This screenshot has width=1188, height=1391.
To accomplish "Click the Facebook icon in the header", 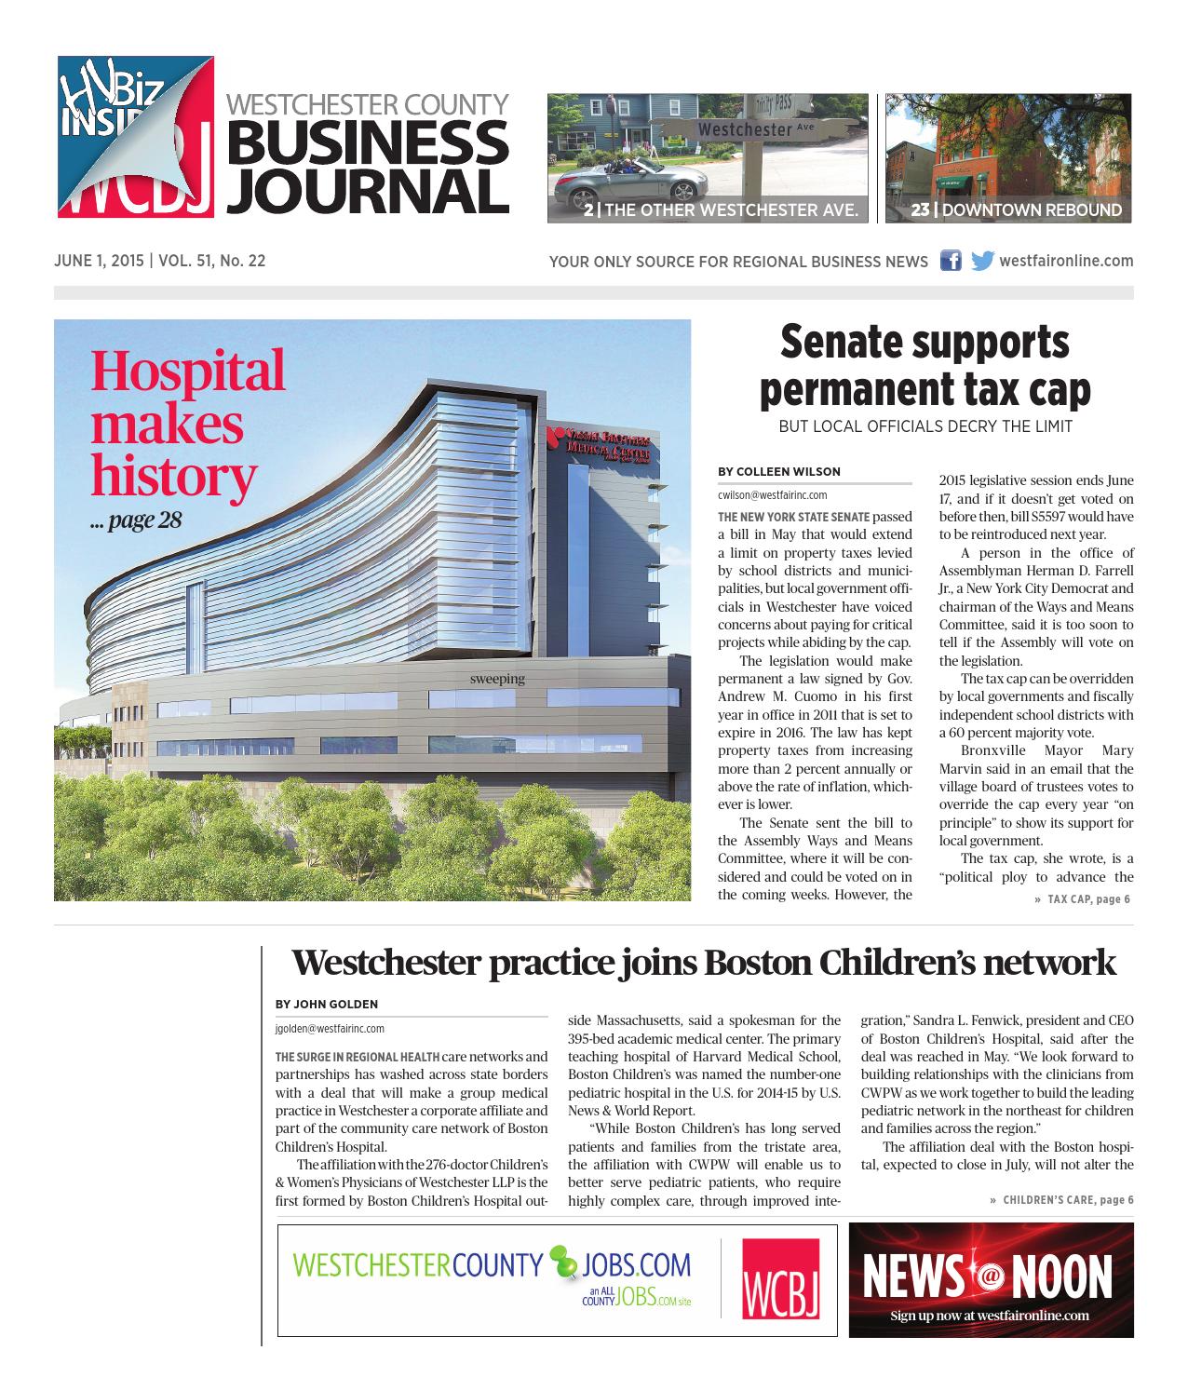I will click(951, 261).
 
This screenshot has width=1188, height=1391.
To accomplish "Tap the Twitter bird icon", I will click(981, 261).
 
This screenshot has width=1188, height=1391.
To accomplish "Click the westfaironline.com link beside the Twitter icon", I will click(1066, 261).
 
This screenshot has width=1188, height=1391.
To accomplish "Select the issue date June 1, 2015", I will click(98, 261).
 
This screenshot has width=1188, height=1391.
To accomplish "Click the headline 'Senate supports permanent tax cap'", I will click(925, 366).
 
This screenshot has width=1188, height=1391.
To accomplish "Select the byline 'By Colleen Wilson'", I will click(779, 471).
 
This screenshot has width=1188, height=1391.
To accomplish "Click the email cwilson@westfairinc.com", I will click(772, 495).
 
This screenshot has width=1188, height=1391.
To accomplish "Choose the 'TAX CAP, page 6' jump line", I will click(1087, 899).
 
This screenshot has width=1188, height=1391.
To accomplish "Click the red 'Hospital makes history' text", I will click(186, 423).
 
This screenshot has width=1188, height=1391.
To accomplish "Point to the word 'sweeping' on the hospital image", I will click(497, 679).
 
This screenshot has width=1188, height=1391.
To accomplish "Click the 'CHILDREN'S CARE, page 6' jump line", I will click(1066, 1199).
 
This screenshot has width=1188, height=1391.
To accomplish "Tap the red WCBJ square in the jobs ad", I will click(780, 1279).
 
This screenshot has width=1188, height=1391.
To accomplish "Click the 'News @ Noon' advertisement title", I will click(988, 1276).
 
